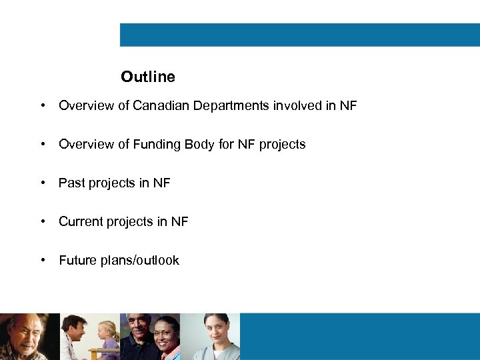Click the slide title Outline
148,77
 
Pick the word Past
71,183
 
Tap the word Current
81,221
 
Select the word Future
78,260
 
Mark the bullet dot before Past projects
43,183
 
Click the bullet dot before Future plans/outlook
43,260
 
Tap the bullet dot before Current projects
43,221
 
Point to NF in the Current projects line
180,221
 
